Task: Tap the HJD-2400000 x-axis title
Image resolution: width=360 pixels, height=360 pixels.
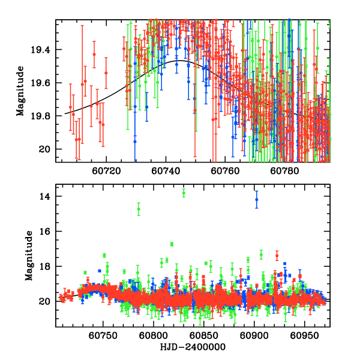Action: coord(191,347)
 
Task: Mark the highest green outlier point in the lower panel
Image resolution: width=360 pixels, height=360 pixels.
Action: coord(184,193)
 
